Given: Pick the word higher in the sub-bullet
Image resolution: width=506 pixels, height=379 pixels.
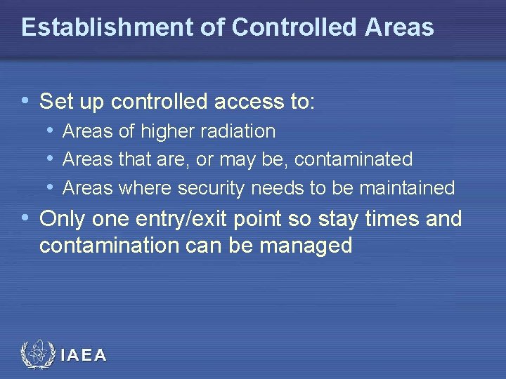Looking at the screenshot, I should click(165, 131).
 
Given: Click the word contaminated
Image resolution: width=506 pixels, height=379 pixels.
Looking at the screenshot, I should click(353, 160).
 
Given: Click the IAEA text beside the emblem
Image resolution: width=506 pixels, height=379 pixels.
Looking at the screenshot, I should click(84, 356).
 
